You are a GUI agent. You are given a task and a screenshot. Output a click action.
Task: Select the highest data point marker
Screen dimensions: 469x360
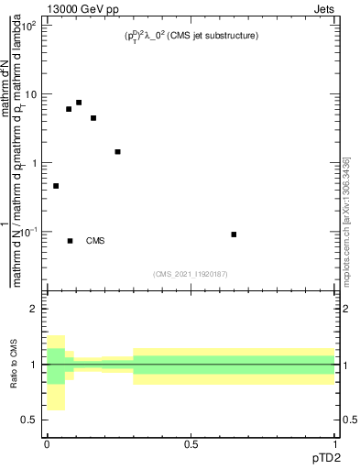click(x=79, y=103)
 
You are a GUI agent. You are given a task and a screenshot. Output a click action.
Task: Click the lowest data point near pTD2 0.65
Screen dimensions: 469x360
click(x=235, y=234)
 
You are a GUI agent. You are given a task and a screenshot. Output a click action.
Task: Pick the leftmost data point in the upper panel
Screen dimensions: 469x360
click(x=56, y=186)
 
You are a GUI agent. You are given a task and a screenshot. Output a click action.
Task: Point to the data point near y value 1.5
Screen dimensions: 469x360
click(x=117, y=152)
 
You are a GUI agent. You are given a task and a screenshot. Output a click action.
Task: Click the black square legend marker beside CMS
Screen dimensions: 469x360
click(x=71, y=241)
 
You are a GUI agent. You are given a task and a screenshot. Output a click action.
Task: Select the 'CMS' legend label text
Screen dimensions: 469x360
click(x=95, y=241)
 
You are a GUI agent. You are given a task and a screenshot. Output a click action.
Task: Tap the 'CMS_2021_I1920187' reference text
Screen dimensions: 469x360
click(x=190, y=273)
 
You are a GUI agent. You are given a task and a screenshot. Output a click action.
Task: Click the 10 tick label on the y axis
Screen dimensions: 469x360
click(x=32, y=94)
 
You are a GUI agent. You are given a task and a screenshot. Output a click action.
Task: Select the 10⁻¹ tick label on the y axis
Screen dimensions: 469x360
click(x=31, y=232)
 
